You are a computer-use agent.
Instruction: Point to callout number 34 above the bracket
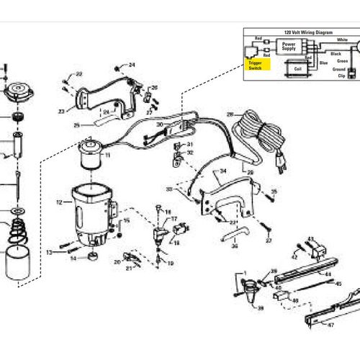point(222,171)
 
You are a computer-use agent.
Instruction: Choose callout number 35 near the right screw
point(274,192)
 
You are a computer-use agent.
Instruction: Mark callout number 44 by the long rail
point(328,275)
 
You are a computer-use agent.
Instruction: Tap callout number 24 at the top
point(132,66)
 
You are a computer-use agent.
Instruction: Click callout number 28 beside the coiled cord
point(230,114)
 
